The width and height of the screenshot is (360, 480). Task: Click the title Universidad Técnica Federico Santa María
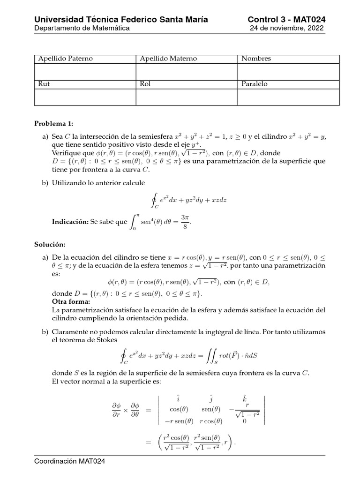coord(121,19)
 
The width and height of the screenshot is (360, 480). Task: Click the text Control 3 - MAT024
coord(286,19)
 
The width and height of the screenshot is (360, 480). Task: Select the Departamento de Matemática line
coord(82,28)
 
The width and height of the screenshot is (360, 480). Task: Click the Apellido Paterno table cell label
coord(65,59)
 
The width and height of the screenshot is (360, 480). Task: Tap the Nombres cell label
coord(256,59)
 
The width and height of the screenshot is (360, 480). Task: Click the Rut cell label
coord(44,84)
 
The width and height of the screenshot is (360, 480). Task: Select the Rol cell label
coord(145,84)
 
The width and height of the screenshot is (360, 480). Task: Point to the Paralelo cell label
coord(255,84)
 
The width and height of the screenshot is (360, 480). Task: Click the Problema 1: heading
coord(54,124)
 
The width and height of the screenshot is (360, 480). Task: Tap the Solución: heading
coord(50,245)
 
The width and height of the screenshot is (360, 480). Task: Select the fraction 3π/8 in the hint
coord(185,221)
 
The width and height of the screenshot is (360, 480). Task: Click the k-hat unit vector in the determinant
coord(244,398)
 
